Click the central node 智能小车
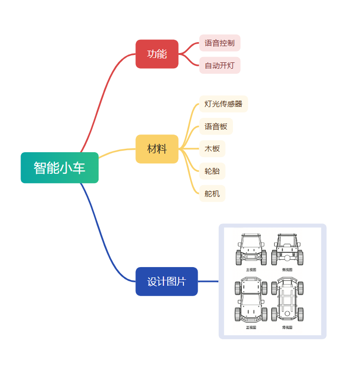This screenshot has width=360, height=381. [x=59, y=168]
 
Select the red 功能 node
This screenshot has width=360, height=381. [x=157, y=54]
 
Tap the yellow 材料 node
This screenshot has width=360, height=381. [x=157, y=149]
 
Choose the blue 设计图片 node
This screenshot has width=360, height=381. [x=167, y=282]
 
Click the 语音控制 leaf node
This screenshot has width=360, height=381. [x=220, y=43]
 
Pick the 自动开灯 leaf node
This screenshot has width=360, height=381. [x=220, y=65]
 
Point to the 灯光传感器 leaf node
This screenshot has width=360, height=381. [x=224, y=104]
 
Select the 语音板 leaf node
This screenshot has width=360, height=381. [x=216, y=126]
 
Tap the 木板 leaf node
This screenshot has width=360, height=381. [x=212, y=149]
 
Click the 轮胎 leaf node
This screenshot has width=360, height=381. [x=212, y=171]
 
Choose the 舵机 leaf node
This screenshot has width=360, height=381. [x=212, y=193]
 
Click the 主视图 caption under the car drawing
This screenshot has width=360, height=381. [x=251, y=270]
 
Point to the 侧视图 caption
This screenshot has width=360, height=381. [x=287, y=270]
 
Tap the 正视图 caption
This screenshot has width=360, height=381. [x=251, y=327]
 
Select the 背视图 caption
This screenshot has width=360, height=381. [x=287, y=327]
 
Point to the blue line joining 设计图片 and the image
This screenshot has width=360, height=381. [x=208, y=281]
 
